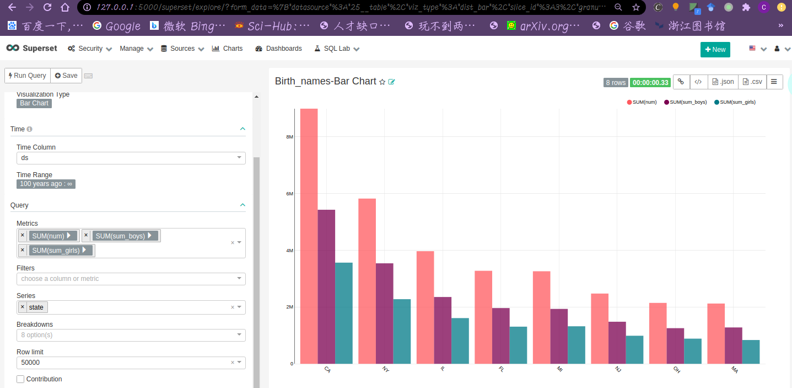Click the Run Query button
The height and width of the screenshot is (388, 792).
tap(28, 76)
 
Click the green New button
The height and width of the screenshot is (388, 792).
tap(715, 50)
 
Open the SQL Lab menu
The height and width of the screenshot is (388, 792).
tap(336, 49)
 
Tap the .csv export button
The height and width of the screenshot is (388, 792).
tap(752, 82)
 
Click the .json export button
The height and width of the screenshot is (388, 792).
tap(723, 82)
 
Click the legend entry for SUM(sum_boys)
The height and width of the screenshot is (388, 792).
tap(686, 102)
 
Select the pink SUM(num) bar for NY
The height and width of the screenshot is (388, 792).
tap(367, 281)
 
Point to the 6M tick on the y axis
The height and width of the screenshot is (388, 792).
tap(289, 194)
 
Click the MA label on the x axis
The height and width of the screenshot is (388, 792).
tap(735, 369)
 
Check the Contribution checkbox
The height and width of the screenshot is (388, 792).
tap(20, 379)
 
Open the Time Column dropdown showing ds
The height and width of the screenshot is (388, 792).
tap(131, 158)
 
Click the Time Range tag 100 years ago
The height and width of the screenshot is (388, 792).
tap(46, 184)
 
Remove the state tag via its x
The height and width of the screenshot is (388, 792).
tap(23, 307)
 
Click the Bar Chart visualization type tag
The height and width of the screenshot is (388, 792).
tap(34, 103)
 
